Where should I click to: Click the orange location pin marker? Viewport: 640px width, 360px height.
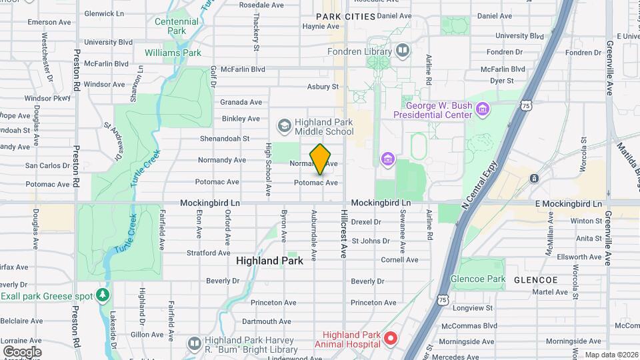pyautogui.click(x=321, y=159)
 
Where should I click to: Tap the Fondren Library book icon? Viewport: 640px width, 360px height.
pyautogui.click(x=403, y=50)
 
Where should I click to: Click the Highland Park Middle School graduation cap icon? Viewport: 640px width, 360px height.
pyautogui.click(x=285, y=125)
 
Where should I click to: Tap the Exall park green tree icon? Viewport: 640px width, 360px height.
pyautogui.click(x=101, y=294)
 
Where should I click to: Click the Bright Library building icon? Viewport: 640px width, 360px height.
pyautogui.click(x=194, y=343)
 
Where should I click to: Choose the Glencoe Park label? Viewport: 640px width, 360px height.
pyautogui.click(x=478, y=279)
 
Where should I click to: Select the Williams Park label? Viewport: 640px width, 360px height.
pyautogui.click(x=173, y=52)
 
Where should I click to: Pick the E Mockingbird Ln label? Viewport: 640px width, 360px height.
pyautogui.click(x=569, y=203)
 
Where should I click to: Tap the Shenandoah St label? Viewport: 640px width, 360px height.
pyautogui.click(x=225, y=139)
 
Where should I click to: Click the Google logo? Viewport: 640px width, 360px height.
pyautogui.click(x=22, y=351)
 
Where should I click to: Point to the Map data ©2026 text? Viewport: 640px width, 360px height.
pyautogui.click(x=610, y=355)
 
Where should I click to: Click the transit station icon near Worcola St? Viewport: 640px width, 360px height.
pyautogui.click(x=534, y=179)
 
